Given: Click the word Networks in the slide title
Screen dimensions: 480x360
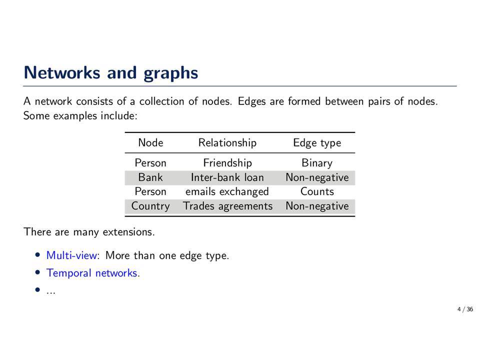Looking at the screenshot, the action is click(x=62, y=73).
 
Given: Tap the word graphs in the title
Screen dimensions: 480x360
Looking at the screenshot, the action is click(x=171, y=74).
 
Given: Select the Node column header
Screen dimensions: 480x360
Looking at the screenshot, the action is click(x=150, y=142).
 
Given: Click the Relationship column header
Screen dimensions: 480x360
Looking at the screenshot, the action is click(x=227, y=143).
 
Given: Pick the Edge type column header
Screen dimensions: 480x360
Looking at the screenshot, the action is click(x=317, y=143).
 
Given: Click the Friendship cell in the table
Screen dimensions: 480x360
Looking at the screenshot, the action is click(x=227, y=163).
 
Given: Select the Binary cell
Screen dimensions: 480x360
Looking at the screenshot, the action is click(x=317, y=163).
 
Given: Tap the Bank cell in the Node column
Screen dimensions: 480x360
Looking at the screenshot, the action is click(x=150, y=177).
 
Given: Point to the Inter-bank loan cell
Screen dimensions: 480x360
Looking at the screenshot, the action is click(x=227, y=177).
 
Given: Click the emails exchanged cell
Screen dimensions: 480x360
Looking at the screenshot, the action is click(x=227, y=192).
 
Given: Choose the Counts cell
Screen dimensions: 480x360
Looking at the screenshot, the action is click(x=317, y=191).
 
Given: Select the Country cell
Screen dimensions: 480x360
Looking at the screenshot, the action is click(x=150, y=206).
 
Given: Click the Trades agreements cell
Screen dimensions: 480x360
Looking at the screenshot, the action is click(x=227, y=206).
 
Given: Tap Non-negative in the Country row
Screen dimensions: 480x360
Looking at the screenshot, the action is click(x=317, y=206).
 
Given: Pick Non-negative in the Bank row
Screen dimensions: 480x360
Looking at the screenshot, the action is click(x=317, y=177).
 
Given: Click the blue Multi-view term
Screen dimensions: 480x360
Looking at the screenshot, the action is click(x=71, y=255).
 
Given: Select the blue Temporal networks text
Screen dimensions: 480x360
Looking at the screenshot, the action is click(x=92, y=273).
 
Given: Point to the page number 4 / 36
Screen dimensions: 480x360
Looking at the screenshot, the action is click(x=465, y=309).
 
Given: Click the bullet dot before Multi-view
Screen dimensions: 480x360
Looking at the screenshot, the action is click(x=37, y=254).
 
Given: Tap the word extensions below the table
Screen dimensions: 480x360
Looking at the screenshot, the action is click(x=128, y=232).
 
